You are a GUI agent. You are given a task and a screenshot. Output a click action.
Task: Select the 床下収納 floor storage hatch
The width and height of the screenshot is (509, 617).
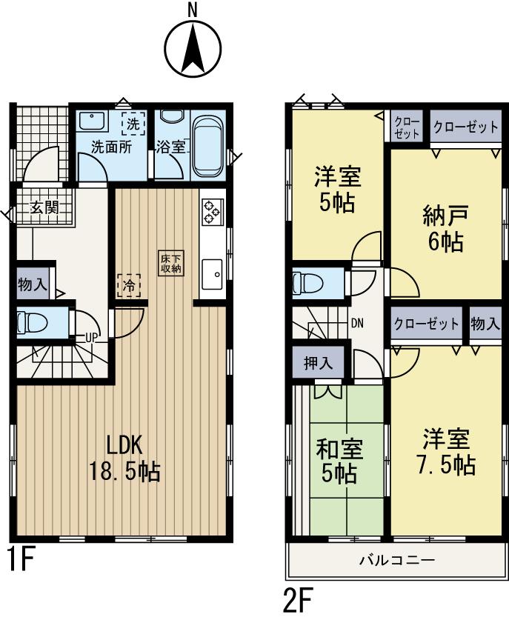(169, 263)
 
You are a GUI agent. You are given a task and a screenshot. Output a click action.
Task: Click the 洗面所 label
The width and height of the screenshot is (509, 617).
(111, 147)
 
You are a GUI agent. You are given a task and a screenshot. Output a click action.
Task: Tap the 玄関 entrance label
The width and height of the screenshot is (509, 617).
(44, 207)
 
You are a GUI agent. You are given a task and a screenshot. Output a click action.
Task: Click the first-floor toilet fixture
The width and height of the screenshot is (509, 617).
(33, 323)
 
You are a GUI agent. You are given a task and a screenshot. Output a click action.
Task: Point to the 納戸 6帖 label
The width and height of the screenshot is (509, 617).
(445, 230)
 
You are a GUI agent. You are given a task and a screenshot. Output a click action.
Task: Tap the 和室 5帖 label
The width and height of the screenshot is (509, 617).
(340, 459)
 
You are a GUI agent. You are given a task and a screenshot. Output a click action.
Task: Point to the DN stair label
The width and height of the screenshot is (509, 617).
(356, 324)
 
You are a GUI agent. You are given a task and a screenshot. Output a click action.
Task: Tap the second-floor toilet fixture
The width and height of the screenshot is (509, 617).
(305, 283)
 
